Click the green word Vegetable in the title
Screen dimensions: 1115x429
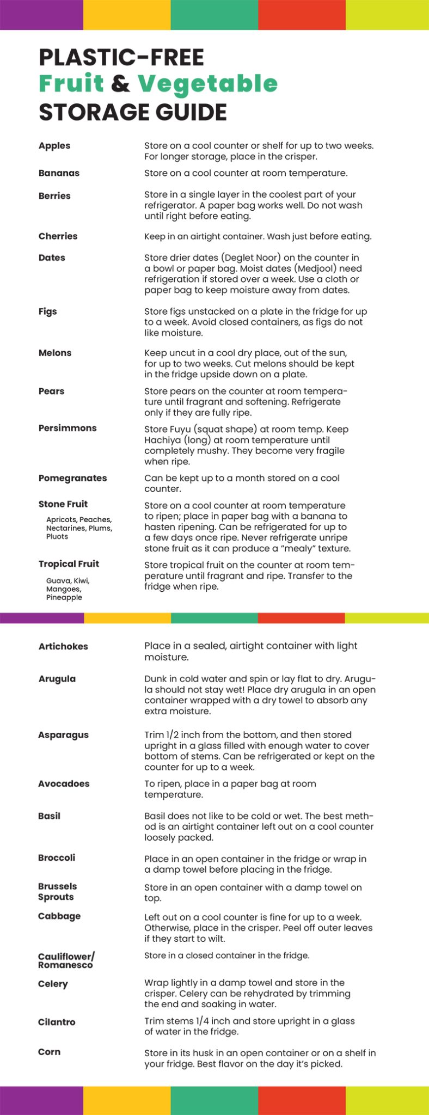coord(207,84)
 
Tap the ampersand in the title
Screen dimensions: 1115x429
coord(120,84)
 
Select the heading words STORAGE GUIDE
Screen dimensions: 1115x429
coord(133,112)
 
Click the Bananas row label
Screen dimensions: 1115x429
coord(59,173)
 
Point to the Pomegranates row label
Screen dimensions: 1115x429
coord(72,478)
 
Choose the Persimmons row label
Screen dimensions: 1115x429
coord(68,428)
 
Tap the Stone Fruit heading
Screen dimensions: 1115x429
coord(63,504)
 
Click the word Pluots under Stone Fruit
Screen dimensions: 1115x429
coord(57,537)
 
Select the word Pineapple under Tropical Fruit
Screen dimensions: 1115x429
coord(64,597)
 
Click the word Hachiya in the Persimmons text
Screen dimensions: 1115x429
coord(163,440)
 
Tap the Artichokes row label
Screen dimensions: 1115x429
coord(63,646)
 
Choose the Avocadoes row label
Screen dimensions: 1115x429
coord(64,783)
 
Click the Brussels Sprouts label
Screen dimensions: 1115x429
coord(57,891)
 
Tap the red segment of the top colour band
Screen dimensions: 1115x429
coord(302,15)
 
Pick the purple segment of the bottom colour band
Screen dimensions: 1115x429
coord(41,1100)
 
